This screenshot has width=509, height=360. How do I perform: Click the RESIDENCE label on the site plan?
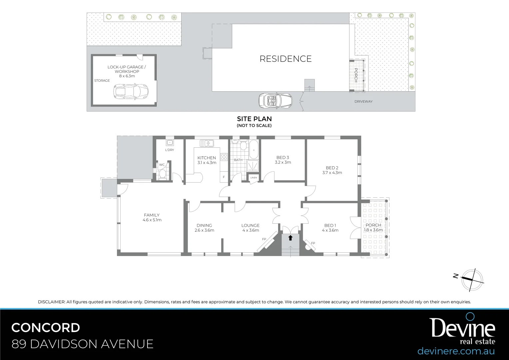pos(285,59)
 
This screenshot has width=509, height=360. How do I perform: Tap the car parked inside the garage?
pos(128,92)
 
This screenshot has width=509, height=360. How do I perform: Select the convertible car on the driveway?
pos(275,100)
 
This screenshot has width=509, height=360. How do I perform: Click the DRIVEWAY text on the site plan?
pos(363,101)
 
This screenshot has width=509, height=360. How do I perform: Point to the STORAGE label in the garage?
pos(102,81)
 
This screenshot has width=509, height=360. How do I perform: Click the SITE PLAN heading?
pos(254,119)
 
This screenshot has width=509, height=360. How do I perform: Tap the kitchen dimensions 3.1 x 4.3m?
pos(207,163)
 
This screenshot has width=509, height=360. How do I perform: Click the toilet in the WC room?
pos(163,174)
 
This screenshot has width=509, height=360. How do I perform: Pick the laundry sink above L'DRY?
pos(170,143)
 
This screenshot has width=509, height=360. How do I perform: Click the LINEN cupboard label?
pos(254,178)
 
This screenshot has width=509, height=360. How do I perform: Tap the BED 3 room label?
pos(283,157)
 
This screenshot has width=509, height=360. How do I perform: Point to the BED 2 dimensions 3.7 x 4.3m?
pos(332,173)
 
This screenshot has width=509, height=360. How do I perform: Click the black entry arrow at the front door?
pos(290,238)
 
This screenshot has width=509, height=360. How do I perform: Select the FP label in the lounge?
pos(264,239)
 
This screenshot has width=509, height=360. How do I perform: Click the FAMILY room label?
pos(152,215)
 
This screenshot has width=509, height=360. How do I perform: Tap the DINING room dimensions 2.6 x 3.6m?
pos(204,230)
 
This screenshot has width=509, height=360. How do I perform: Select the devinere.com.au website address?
pos(456,351)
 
